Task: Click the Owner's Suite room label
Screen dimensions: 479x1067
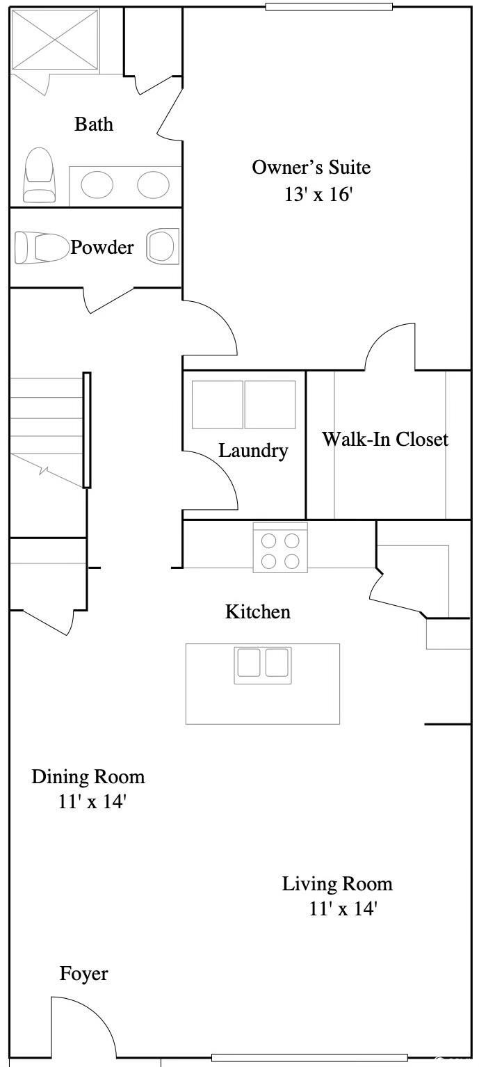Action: [311, 167]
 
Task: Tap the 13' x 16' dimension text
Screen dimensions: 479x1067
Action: [318, 194]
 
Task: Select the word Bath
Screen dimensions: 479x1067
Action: [94, 125]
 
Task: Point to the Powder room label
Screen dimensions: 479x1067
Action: [102, 247]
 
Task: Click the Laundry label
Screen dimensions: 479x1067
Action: [253, 451]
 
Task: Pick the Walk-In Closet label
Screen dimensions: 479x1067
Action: [385, 439]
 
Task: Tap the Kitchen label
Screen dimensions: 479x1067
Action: [258, 611]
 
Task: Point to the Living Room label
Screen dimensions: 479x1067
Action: [338, 884]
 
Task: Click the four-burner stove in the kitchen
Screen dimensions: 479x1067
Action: [280, 547]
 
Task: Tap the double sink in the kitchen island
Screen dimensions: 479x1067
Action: [263, 665]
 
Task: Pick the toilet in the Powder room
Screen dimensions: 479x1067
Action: [42, 247]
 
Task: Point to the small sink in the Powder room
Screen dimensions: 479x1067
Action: [163, 247]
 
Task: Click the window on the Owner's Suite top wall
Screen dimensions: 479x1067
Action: [329, 7]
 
